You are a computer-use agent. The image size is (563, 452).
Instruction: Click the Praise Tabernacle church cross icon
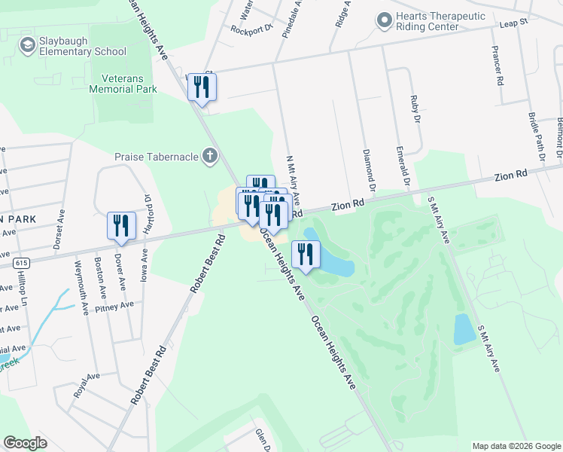tap(210, 157)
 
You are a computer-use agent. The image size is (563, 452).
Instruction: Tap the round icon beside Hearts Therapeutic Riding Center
tap(385, 20)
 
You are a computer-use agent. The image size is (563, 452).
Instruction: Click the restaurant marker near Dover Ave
tap(120, 225)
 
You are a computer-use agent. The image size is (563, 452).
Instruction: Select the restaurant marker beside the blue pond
tap(305, 254)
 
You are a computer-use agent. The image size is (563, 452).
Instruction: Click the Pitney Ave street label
tap(114, 305)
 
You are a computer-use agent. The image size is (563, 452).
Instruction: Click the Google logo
tap(25, 443)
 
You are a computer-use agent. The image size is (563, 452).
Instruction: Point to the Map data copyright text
tap(516, 446)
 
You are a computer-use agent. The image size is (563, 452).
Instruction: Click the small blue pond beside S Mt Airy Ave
tap(464, 328)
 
